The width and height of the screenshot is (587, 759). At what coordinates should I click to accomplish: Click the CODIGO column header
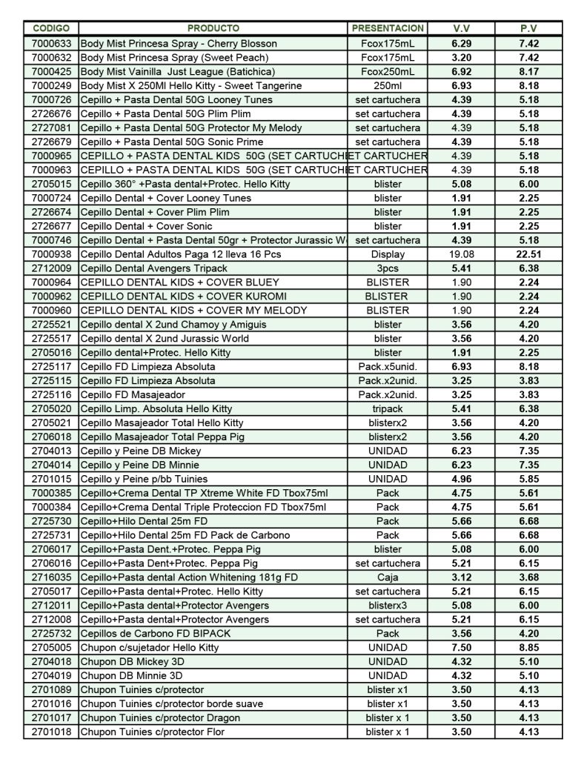(x=50, y=29)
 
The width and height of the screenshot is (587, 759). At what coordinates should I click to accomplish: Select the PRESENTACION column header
(x=388, y=29)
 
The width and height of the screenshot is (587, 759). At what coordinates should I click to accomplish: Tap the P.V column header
(x=528, y=29)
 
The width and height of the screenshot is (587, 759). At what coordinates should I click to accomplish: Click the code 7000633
(x=51, y=43)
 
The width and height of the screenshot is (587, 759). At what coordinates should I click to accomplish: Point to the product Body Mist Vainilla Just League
(x=178, y=71)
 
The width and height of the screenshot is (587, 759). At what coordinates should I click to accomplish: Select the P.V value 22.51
(x=528, y=254)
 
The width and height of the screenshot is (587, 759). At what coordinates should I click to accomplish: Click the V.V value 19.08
(x=462, y=254)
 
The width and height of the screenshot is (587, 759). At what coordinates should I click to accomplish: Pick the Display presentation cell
(x=388, y=254)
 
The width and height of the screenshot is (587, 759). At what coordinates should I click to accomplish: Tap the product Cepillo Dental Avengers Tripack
(x=154, y=268)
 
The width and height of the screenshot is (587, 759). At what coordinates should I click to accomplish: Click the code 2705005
(x=51, y=648)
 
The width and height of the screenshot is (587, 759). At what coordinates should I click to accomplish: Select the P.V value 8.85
(x=528, y=648)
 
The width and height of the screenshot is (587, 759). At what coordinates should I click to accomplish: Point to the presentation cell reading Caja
(x=388, y=577)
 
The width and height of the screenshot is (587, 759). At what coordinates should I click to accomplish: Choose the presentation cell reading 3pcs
(x=388, y=268)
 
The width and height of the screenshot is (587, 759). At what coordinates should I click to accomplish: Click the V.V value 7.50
(x=462, y=648)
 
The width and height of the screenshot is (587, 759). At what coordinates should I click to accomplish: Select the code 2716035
(x=51, y=577)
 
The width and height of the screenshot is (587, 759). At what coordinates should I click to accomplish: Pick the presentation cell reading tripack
(x=388, y=408)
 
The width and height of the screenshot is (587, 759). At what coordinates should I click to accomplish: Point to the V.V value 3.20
(x=462, y=57)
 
